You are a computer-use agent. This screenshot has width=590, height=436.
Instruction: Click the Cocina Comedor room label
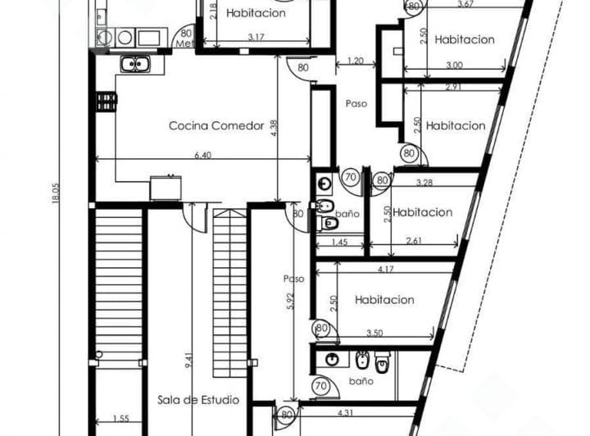pyautogui.click(x=216, y=125)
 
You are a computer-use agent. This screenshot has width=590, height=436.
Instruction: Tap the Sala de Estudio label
pyautogui.click(x=198, y=400)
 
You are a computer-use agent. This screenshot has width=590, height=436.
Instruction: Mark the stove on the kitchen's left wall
pyautogui.click(x=107, y=102)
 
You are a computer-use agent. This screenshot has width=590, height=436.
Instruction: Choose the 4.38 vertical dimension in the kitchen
pyautogui.click(x=274, y=127)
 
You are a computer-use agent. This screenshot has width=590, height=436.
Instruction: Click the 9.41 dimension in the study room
pyautogui.click(x=188, y=360)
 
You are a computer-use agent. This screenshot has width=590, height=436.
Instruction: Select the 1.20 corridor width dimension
pyautogui.click(x=355, y=61)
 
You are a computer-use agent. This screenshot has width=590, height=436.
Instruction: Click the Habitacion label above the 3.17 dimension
pyautogui.click(x=256, y=13)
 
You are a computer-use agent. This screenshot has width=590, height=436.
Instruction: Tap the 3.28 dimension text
pyautogui.click(x=424, y=181)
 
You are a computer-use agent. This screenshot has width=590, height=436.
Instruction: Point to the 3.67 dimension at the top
pyautogui.click(x=465, y=5)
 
